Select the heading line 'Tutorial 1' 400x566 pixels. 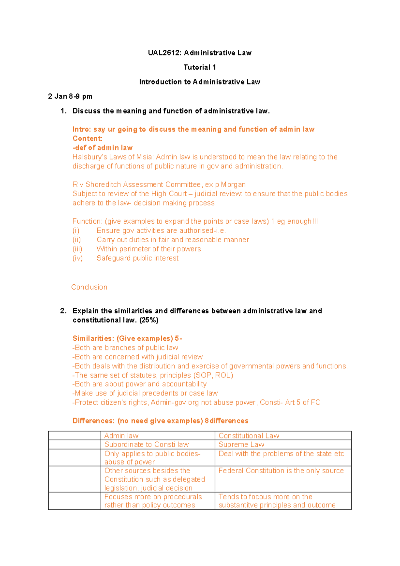coord(200,67)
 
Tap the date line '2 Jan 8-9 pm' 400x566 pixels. coord(70,96)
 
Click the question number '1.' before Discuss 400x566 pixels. coord(64,111)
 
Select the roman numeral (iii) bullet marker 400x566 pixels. coord(77,249)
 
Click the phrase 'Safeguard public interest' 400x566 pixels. coord(137,258)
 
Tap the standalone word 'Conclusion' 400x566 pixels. coord(89,287)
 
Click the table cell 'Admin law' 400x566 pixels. coord(121,436)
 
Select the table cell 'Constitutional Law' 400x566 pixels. coord(249,436)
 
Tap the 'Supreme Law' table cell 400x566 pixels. coord(241,445)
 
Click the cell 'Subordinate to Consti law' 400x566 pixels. coord(146,445)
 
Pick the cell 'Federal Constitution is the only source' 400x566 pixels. coord(281,471)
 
